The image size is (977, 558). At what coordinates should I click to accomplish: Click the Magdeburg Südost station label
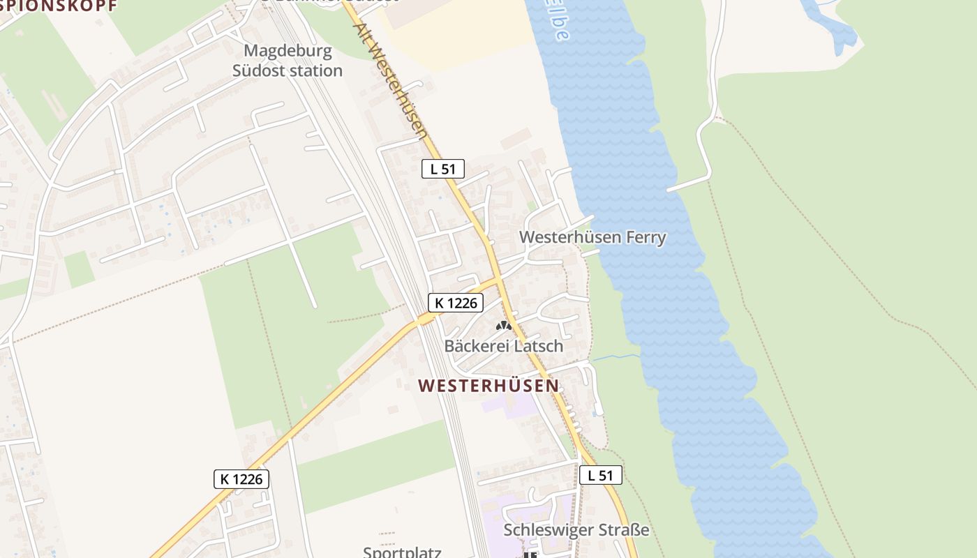(293, 61)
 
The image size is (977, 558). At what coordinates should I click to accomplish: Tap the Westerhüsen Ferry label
(592, 237)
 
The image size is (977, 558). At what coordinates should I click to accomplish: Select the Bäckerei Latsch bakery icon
(502, 326)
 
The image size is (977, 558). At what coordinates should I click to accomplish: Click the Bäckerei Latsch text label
(503, 345)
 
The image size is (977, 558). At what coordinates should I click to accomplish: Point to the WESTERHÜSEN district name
(488, 385)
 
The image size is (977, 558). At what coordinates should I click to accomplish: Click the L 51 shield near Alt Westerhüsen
(442, 169)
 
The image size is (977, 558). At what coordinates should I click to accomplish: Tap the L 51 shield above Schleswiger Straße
(600, 476)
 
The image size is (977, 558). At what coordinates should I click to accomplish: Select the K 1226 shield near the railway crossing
(456, 303)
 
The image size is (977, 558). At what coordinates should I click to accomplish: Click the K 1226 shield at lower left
(241, 479)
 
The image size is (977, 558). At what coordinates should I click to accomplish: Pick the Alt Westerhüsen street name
(391, 80)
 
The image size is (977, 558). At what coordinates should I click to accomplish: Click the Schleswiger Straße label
(576, 530)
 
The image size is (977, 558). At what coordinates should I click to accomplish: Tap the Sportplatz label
(402, 552)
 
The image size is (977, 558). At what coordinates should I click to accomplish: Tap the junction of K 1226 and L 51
(498, 280)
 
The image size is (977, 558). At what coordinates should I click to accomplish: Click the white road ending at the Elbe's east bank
(687, 184)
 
